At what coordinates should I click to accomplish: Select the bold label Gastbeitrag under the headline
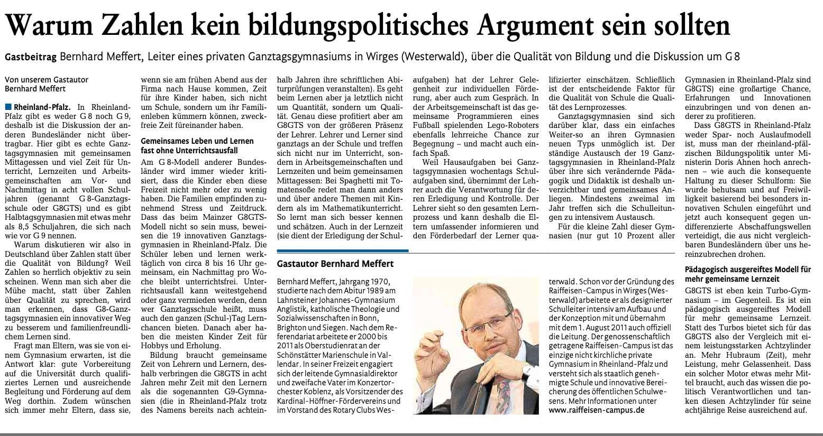pos(30,57)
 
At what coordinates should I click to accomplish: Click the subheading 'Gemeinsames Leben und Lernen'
pos(197,141)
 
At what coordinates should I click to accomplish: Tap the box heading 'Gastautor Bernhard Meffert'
pos(335,263)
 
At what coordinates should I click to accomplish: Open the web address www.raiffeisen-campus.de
pos(597,410)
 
